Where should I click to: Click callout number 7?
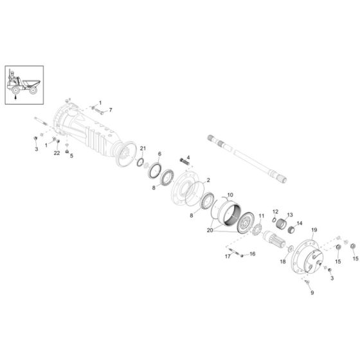point(110,110)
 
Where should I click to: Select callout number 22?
point(57,153)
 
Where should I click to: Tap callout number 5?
point(71,155)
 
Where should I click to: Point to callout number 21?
point(143,149)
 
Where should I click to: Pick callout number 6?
point(160,154)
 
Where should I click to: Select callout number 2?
point(208,182)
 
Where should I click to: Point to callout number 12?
point(274,212)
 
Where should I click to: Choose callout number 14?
point(299,223)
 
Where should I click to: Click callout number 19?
point(314,230)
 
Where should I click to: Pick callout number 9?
point(312,293)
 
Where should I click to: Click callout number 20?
point(210,229)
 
